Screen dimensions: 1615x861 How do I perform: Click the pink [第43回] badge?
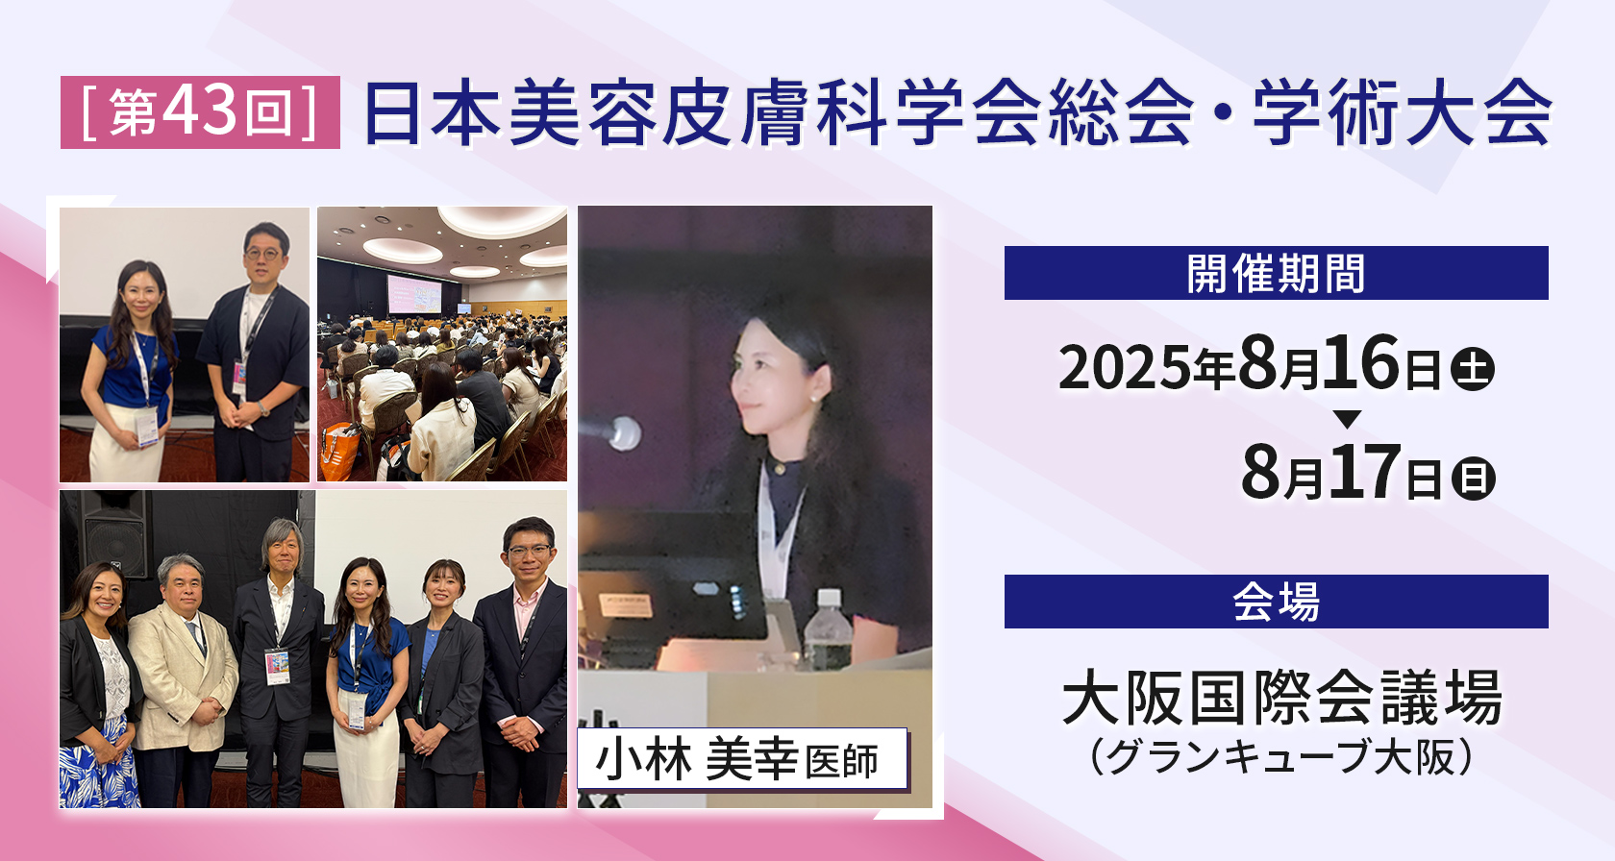point(200,112)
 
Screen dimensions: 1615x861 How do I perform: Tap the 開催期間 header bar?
point(1277,273)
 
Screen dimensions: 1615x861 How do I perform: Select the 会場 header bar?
point(1277,602)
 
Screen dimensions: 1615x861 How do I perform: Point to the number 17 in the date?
point(1365,473)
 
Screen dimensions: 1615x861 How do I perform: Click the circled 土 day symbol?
point(1473,369)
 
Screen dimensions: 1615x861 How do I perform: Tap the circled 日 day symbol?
point(1473,479)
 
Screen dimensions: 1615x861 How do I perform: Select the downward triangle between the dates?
point(1347,419)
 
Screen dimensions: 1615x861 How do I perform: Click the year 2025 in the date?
point(1125,366)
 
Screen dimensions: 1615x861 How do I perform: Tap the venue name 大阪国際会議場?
point(1282,698)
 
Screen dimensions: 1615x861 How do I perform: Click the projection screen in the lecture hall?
point(413,294)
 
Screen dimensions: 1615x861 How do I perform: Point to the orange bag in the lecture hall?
point(339,451)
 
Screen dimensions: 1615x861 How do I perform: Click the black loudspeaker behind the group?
point(116,532)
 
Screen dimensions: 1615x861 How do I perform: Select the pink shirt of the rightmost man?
point(527,616)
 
